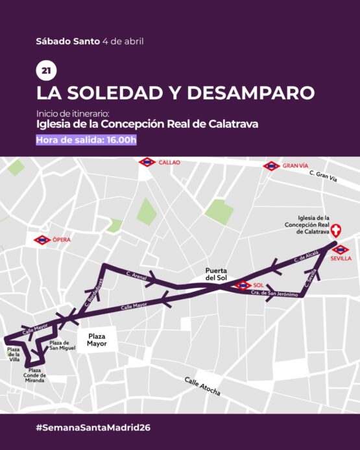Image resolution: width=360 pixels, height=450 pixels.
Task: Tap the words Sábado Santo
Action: (68, 41)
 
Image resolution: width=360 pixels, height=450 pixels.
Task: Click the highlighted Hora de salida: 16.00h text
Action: (86, 140)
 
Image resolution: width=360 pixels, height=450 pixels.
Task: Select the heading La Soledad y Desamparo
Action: (176, 92)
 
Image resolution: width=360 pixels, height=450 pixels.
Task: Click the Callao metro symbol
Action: (148, 162)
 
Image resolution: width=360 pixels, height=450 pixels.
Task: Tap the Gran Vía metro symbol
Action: (271, 166)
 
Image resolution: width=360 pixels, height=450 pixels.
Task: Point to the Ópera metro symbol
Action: (43, 240)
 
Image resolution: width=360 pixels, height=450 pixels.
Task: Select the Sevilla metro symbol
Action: (340, 250)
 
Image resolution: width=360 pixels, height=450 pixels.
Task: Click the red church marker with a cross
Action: (336, 231)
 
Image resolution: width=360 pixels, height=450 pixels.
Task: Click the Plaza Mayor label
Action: (97, 340)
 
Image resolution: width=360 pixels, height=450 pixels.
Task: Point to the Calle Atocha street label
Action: (202, 386)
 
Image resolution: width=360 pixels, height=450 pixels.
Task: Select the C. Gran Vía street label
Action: (324, 176)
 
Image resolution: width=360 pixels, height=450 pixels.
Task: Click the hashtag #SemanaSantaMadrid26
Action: (93, 428)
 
